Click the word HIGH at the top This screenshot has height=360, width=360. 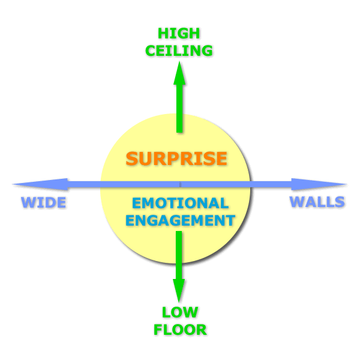pos(178,34)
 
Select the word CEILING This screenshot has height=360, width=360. pos(178,50)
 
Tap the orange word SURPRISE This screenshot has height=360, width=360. pos(176,159)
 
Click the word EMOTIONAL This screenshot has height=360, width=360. pos(180,203)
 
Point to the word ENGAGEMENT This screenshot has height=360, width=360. pos(180,220)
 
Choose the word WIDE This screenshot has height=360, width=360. pos(43,202)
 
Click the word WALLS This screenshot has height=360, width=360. pos(317,202)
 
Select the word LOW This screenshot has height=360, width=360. pos(179,312)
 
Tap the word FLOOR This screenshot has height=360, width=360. pos(179,329)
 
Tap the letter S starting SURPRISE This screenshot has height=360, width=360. pos(132,159)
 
